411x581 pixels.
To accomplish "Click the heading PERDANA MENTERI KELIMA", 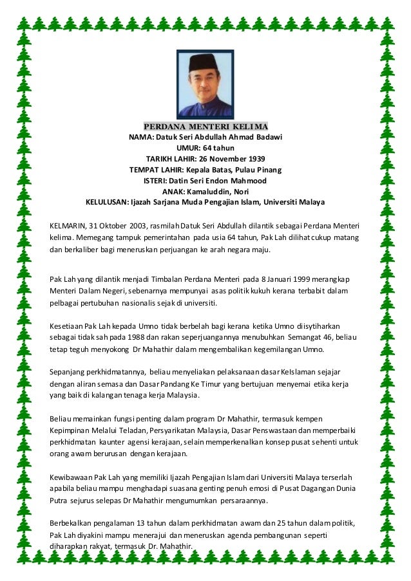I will point(205,125).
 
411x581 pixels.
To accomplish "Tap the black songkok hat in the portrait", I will point(205,63).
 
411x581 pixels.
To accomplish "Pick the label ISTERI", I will point(155,180).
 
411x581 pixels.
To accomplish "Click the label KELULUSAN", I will point(106,202).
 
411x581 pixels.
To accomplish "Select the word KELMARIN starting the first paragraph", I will point(68,225).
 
